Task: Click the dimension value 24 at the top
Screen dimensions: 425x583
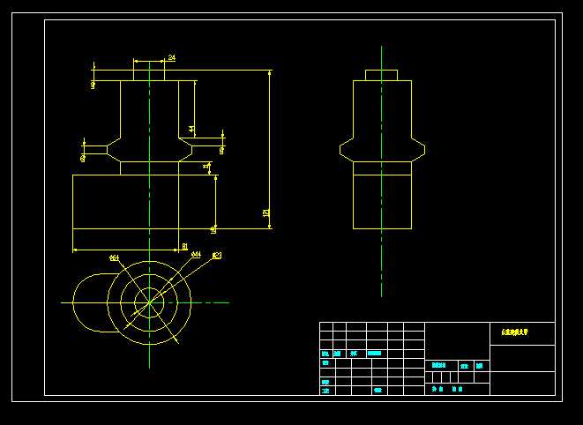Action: pos(171,57)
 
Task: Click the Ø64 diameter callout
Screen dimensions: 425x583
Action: pos(115,257)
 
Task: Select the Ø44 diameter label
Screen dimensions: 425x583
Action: pos(196,254)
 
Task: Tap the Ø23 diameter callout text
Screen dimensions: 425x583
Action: pos(217,256)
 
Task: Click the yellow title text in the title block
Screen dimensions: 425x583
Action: pos(514,332)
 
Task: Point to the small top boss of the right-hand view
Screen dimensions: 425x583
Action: pos(381,75)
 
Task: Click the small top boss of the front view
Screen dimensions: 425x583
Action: pos(149,75)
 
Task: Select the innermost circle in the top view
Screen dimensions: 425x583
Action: pos(149,302)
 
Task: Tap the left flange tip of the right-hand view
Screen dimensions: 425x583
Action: pos(342,150)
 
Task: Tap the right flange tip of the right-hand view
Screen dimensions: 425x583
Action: pos(422,150)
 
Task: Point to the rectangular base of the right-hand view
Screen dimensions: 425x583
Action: pos(382,201)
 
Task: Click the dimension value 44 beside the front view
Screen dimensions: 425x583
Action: pos(192,129)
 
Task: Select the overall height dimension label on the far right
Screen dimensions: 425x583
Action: pos(265,212)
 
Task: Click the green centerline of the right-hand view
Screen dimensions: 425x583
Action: pos(381,265)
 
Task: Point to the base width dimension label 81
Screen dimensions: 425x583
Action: pos(184,246)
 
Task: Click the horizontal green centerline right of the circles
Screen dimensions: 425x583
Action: pos(212,302)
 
